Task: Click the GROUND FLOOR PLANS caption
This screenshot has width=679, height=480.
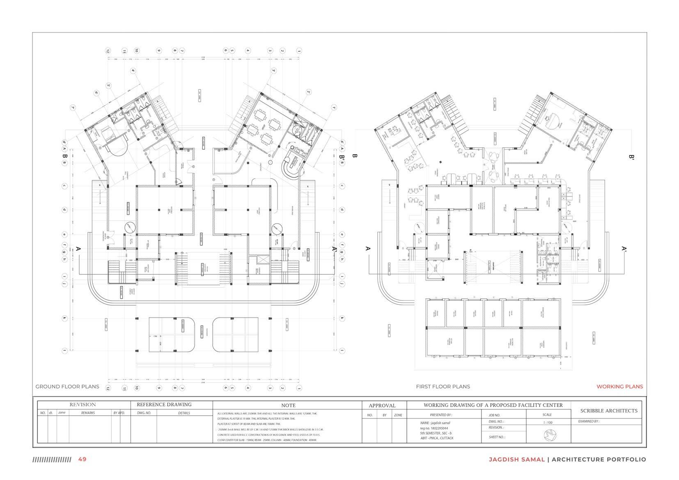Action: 67,386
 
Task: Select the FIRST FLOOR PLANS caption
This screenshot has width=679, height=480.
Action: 443,386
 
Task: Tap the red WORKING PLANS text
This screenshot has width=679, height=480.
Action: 619,386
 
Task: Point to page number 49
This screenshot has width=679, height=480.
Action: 83,459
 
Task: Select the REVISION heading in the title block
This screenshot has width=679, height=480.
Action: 83,405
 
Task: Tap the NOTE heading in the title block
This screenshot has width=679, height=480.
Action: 288,405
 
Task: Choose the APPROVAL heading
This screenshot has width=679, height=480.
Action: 382,405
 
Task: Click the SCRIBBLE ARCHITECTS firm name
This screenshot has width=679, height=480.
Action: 609,411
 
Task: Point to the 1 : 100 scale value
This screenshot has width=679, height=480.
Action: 547,422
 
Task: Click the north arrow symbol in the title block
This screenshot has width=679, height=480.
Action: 548,434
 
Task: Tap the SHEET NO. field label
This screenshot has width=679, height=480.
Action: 497,437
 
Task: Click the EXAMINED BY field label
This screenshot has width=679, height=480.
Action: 589,421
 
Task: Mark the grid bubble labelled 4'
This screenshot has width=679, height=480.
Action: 133,71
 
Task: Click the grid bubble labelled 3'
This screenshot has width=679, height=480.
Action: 274,71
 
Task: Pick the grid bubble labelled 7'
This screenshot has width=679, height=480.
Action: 73,108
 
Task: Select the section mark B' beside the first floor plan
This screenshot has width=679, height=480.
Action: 631,156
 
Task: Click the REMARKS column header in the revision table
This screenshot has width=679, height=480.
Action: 88,413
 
